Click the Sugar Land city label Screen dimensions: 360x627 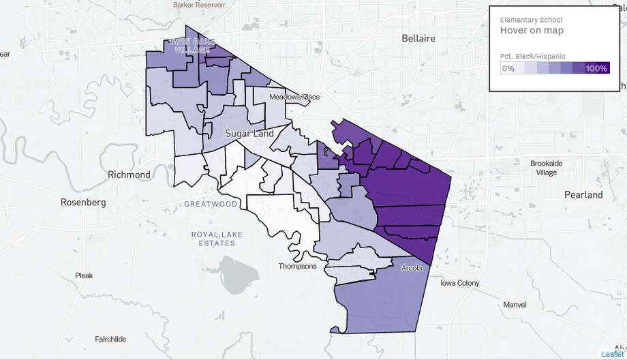(249, 134)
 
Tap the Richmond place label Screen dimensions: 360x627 (129, 175)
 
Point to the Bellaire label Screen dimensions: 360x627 (418, 38)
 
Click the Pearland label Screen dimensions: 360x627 (583, 194)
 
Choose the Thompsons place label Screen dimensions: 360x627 (298, 266)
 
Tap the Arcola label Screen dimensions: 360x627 (411, 268)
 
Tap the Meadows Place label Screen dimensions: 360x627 (294, 97)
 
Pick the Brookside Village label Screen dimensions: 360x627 (547, 168)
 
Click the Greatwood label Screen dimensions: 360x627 (211, 204)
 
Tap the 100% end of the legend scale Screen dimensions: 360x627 (596, 68)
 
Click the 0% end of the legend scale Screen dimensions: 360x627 (508, 68)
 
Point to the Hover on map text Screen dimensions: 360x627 (532, 31)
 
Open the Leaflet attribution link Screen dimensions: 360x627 (613, 353)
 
